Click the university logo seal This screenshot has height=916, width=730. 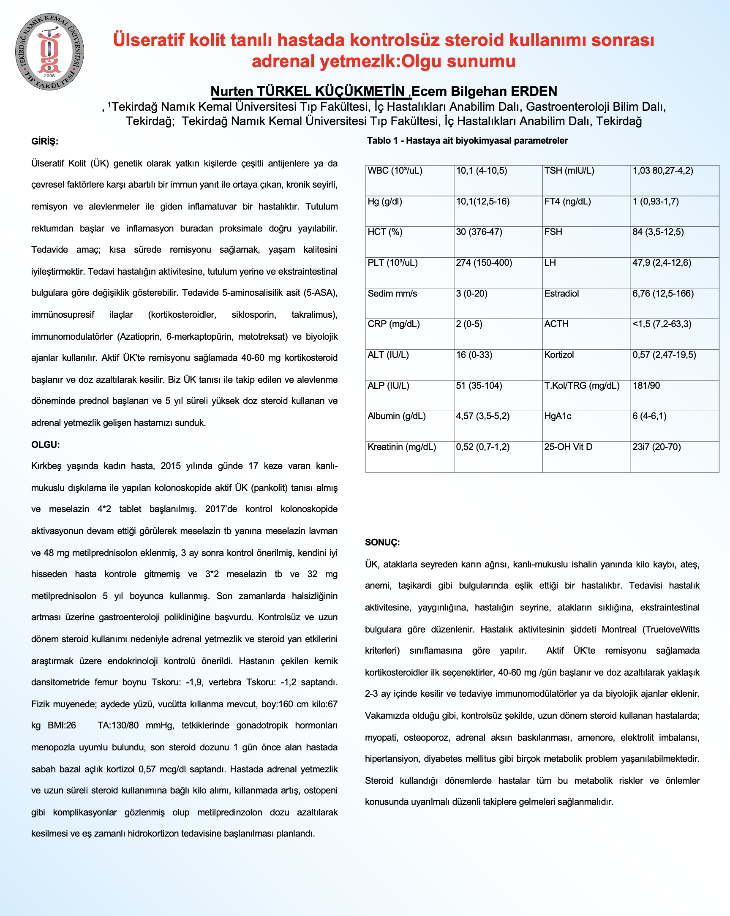pyautogui.click(x=50, y=52)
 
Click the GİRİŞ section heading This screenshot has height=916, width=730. pyautogui.click(x=45, y=142)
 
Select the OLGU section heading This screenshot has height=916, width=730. pyautogui.click(x=46, y=445)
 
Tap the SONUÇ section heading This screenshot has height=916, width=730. pyautogui.click(x=382, y=543)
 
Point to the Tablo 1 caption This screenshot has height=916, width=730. pyautogui.click(x=467, y=141)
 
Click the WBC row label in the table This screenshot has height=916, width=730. pyautogui.click(x=395, y=171)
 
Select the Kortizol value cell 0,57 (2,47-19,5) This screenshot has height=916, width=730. pyautogui.click(x=664, y=355)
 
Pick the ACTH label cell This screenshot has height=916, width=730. pyautogui.click(x=556, y=324)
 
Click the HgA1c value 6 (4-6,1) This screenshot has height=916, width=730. pyautogui.click(x=649, y=416)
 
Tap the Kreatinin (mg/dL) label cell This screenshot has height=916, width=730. pyautogui.click(x=402, y=447)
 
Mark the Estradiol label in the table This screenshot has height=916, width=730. pyautogui.click(x=561, y=294)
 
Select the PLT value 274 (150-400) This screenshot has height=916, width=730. pyautogui.click(x=484, y=263)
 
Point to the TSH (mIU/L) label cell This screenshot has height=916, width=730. pyautogui.click(x=569, y=171)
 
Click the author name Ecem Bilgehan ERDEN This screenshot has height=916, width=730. pyautogui.click(x=484, y=91)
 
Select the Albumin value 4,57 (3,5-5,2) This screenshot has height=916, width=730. pyautogui.click(x=482, y=416)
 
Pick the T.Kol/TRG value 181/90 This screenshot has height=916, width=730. pyautogui.click(x=646, y=386)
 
